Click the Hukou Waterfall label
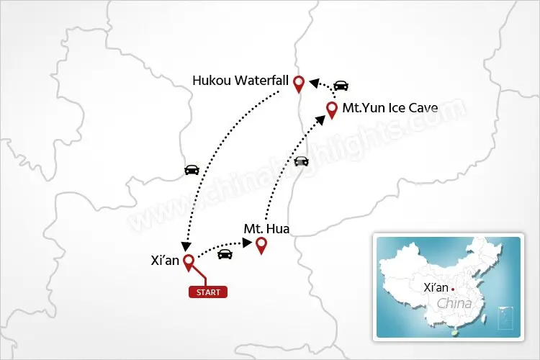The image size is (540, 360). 241,81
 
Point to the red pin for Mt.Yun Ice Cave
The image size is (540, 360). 332,109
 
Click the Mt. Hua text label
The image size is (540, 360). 266,230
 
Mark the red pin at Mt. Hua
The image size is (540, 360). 261,246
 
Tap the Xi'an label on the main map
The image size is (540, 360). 161,261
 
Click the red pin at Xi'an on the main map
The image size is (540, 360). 189,262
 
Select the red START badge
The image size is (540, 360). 208,292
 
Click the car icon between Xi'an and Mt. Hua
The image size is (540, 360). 225,253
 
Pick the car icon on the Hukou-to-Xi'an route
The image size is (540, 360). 192,170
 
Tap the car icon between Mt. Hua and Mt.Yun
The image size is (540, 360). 301,161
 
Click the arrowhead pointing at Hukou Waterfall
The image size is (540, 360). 313,83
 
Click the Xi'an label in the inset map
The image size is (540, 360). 436,287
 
